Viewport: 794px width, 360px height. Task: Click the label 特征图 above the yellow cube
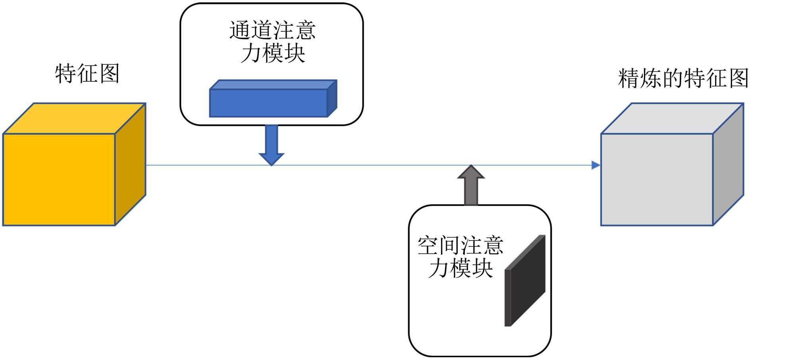pyautogui.click(x=87, y=73)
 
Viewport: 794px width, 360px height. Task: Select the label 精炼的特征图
pyautogui.click(x=683, y=78)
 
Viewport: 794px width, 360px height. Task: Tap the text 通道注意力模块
pyautogui.click(x=272, y=42)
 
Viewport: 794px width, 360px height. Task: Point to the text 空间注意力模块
pyautogui.click(x=461, y=257)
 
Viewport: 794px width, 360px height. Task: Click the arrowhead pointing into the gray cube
pyautogui.click(x=595, y=165)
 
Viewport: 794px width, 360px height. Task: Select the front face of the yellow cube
pyautogui.click(x=59, y=179)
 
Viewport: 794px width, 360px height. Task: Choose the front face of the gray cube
pyautogui.click(x=657, y=179)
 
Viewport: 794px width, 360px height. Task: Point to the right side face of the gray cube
pyautogui.click(x=728, y=164)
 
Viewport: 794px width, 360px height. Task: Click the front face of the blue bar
pyautogui.click(x=268, y=103)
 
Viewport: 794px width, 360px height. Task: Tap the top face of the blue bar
pyautogui.click(x=273, y=85)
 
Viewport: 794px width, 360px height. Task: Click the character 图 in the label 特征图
pyautogui.click(x=110, y=73)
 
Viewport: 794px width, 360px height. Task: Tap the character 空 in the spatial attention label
pyautogui.click(x=428, y=246)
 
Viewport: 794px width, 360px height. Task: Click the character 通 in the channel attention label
pyautogui.click(x=240, y=31)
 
